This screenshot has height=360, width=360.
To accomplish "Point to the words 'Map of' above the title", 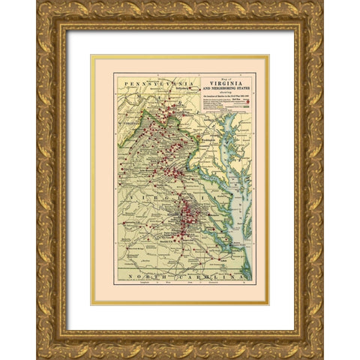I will click(218, 78).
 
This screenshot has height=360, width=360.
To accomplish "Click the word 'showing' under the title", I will click(219, 95).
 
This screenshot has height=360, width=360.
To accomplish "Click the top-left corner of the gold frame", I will click(38, 2).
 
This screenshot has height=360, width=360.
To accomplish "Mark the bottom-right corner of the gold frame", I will click(322, 358).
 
